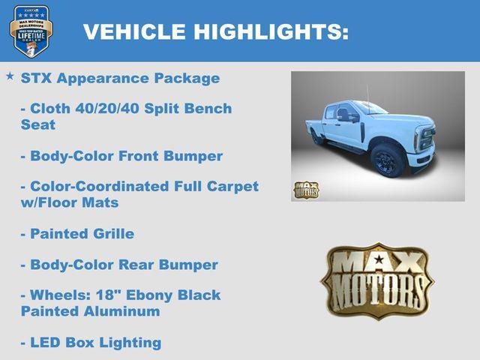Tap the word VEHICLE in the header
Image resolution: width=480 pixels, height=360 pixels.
134,31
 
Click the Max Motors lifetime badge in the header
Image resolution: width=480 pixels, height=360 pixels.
31,31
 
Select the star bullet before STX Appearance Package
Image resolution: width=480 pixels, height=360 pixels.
10,76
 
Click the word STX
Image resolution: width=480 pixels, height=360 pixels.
36,78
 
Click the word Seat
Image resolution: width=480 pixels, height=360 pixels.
37,124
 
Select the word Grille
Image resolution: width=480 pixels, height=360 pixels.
109,234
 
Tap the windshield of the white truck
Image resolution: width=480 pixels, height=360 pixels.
373,108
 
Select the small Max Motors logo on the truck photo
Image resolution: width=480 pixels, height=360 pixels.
306,190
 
